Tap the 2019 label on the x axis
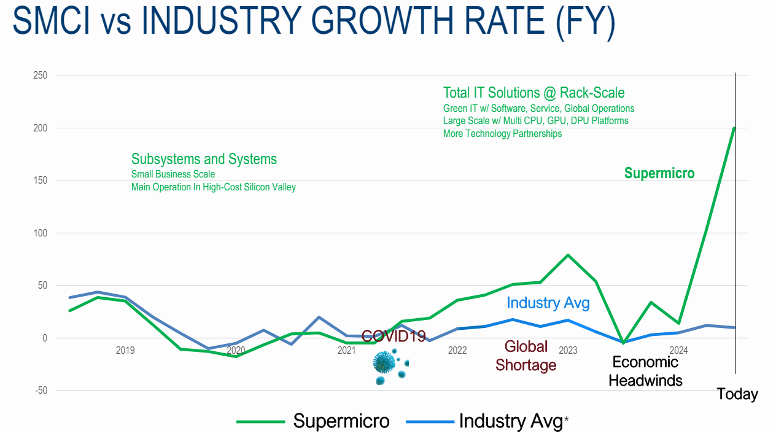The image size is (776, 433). (x=125, y=351)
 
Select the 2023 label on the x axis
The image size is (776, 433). (x=568, y=351)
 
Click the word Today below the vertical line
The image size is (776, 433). (x=737, y=394)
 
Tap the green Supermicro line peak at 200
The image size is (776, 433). (x=734, y=128)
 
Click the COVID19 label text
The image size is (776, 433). (x=394, y=336)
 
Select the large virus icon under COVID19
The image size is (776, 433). (x=384, y=362)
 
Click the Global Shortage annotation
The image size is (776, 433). (x=526, y=356)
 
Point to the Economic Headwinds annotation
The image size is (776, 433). (x=645, y=371)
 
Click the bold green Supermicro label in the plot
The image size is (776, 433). (x=659, y=173)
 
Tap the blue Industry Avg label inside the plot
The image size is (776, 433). (x=548, y=303)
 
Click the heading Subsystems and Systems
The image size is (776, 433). (x=204, y=159)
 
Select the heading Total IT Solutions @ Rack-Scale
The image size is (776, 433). (x=533, y=93)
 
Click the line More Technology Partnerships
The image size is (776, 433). (x=502, y=133)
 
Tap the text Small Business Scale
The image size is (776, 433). (x=173, y=174)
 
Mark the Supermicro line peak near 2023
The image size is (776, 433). (x=568, y=254)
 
